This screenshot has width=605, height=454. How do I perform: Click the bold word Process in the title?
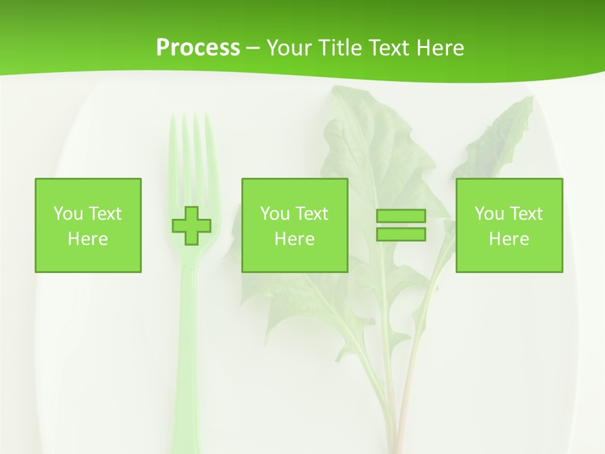[x=198, y=48]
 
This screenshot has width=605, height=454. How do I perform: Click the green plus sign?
[x=192, y=226]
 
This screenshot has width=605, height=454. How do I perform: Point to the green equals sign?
[x=401, y=225]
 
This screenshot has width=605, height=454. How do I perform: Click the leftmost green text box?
[x=88, y=225]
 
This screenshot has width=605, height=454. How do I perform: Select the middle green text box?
[x=294, y=225]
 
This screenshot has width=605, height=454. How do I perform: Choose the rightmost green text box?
[x=509, y=225]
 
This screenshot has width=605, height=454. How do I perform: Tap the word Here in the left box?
[x=88, y=239]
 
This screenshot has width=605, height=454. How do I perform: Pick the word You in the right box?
[x=489, y=214]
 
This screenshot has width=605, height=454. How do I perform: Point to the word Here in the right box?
[x=509, y=239]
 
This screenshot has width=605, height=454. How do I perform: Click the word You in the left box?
[x=68, y=214]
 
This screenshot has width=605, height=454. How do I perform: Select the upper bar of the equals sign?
[x=401, y=216]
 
